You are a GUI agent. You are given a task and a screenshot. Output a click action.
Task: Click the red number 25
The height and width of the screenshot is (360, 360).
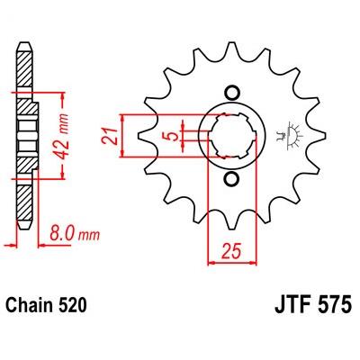click(x=231, y=250)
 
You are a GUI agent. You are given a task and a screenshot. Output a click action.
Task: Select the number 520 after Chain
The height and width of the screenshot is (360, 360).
click(x=69, y=305)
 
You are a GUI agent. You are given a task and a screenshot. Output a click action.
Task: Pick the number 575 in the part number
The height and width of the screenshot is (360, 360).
click(x=336, y=305)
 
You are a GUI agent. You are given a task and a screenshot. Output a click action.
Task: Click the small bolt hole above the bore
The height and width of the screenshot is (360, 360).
click(x=232, y=93)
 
